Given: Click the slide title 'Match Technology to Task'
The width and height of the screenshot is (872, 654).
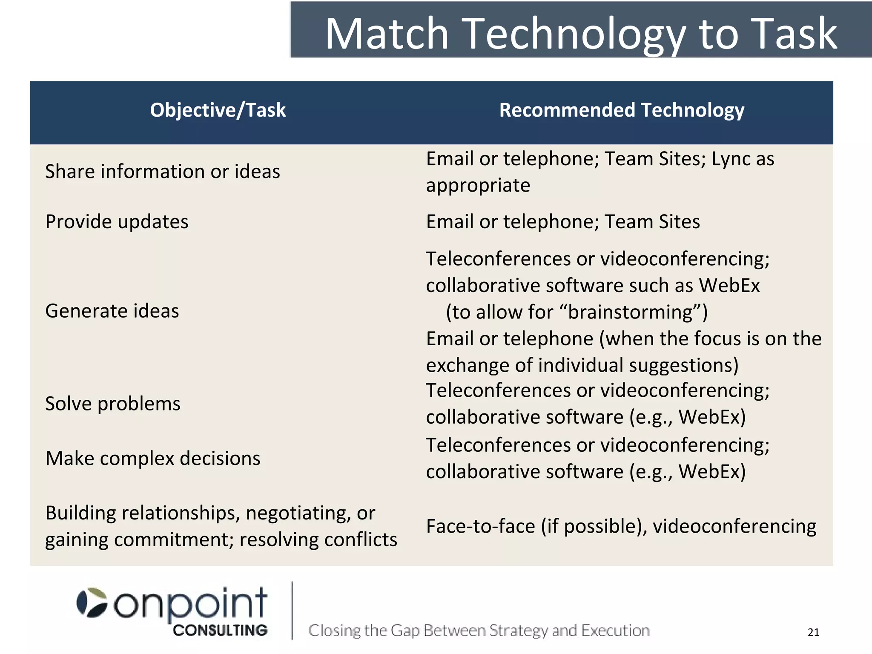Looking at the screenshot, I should pyautogui.click(x=581, y=34).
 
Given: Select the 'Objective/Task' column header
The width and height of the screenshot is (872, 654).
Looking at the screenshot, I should pyautogui.click(x=218, y=110).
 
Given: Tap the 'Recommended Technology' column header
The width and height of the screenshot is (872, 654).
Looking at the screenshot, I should pyautogui.click(x=622, y=110).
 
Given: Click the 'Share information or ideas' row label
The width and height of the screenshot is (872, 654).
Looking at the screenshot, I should pyautogui.click(x=163, y=172).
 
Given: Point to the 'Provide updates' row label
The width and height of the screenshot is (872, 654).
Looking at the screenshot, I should pyautogui.click(x=117, y=222).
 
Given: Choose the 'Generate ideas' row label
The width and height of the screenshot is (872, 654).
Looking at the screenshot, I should pyautogui.click(x=112, y=311).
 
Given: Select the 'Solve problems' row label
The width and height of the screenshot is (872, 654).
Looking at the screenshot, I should pyautogui.click(x=113, y=404).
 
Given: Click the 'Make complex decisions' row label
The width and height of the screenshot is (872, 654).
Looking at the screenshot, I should pyautogui.click(x=153, y=459).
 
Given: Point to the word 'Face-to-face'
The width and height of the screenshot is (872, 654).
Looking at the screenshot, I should pyautogui.click(x=480, y=526).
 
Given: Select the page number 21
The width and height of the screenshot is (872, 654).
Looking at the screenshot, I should pyautogui.click(x=813, y=632).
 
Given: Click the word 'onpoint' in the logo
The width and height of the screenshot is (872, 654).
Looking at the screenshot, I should pyautogui.click(x=190, y=604).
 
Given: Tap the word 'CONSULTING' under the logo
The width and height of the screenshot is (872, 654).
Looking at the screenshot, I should pyautogui.click(x=220, y=630).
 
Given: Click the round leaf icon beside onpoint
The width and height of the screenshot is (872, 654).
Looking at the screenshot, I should pyautogui.click(x=92, y=602).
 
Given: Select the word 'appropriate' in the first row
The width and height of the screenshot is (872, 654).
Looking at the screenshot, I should pyautogui.click(x=478, y=186).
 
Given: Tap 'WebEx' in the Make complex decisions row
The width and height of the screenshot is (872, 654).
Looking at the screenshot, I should pyautogui.click(x=711, y=472).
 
